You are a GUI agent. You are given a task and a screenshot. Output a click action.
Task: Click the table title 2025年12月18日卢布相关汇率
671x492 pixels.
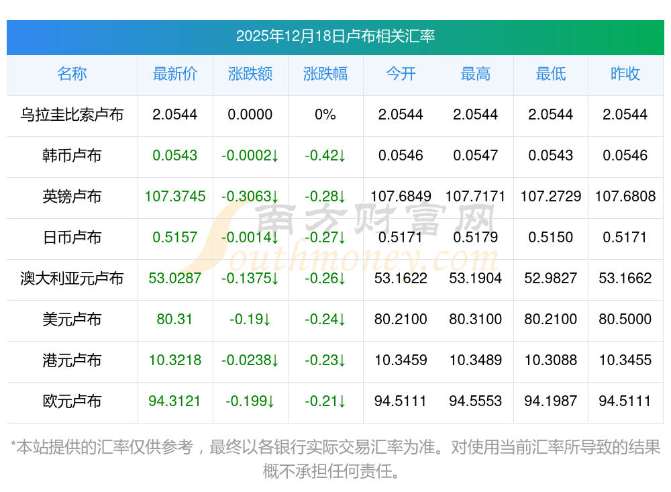pyautogui.click(x=335, y=36)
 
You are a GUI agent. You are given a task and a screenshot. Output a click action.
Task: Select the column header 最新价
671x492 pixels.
pyautogui.click(x=175, y=74)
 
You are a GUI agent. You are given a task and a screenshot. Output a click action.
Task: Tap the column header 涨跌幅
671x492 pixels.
pyautogui.click(x=325, y=74)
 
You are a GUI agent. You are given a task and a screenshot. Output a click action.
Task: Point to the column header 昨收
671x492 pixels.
pyautogui.click(x=625, y=74)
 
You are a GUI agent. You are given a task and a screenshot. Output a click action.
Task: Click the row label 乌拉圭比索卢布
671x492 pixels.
pyautogui.click(x=72, y=115)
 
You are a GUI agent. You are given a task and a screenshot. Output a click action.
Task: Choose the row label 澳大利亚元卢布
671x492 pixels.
pyautogui.click(x=72, y=279)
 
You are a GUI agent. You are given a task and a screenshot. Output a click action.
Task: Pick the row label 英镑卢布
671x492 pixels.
pyautogui.click(x=72, y=197)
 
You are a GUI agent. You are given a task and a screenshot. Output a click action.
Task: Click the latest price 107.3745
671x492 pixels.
pyautogui.click(x=175, y=197)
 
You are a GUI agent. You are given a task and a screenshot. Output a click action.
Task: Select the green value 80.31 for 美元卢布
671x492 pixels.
pyautogui.click(x=175, y=319)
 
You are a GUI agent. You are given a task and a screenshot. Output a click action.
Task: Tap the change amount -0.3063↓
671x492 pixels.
pyautogui.click(x=250, y=197)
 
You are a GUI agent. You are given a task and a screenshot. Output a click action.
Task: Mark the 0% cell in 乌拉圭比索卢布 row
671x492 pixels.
pyautogui.click(x=325, y=115)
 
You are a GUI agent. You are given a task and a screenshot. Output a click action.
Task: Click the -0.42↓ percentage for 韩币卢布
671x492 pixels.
pyautogui.click(x=325, y=156)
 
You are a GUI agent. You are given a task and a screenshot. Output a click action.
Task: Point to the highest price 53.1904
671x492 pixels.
pyautogui.click(x=476, y=279)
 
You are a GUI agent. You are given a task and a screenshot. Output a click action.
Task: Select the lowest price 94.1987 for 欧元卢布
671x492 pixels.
pyautogui.click(x=551, y=401)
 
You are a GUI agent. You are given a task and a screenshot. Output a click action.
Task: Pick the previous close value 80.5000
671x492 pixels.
pyautogui.click(x=625, y=319)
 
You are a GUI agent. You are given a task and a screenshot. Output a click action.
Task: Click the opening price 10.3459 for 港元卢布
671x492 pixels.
pyautogui.click(x=401, y=360)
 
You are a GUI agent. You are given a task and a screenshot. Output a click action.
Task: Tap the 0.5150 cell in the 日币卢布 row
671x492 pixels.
pyautogui.click(x=551, y=238)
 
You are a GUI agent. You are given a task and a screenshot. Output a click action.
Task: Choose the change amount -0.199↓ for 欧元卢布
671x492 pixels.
pyautogui.click(x=250, y=401)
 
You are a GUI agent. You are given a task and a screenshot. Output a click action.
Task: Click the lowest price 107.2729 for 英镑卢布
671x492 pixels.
pyautogui.click(x=551, y=197)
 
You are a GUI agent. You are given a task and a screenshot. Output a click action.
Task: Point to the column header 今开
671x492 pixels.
pyautogui.click(x=401, y=74)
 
